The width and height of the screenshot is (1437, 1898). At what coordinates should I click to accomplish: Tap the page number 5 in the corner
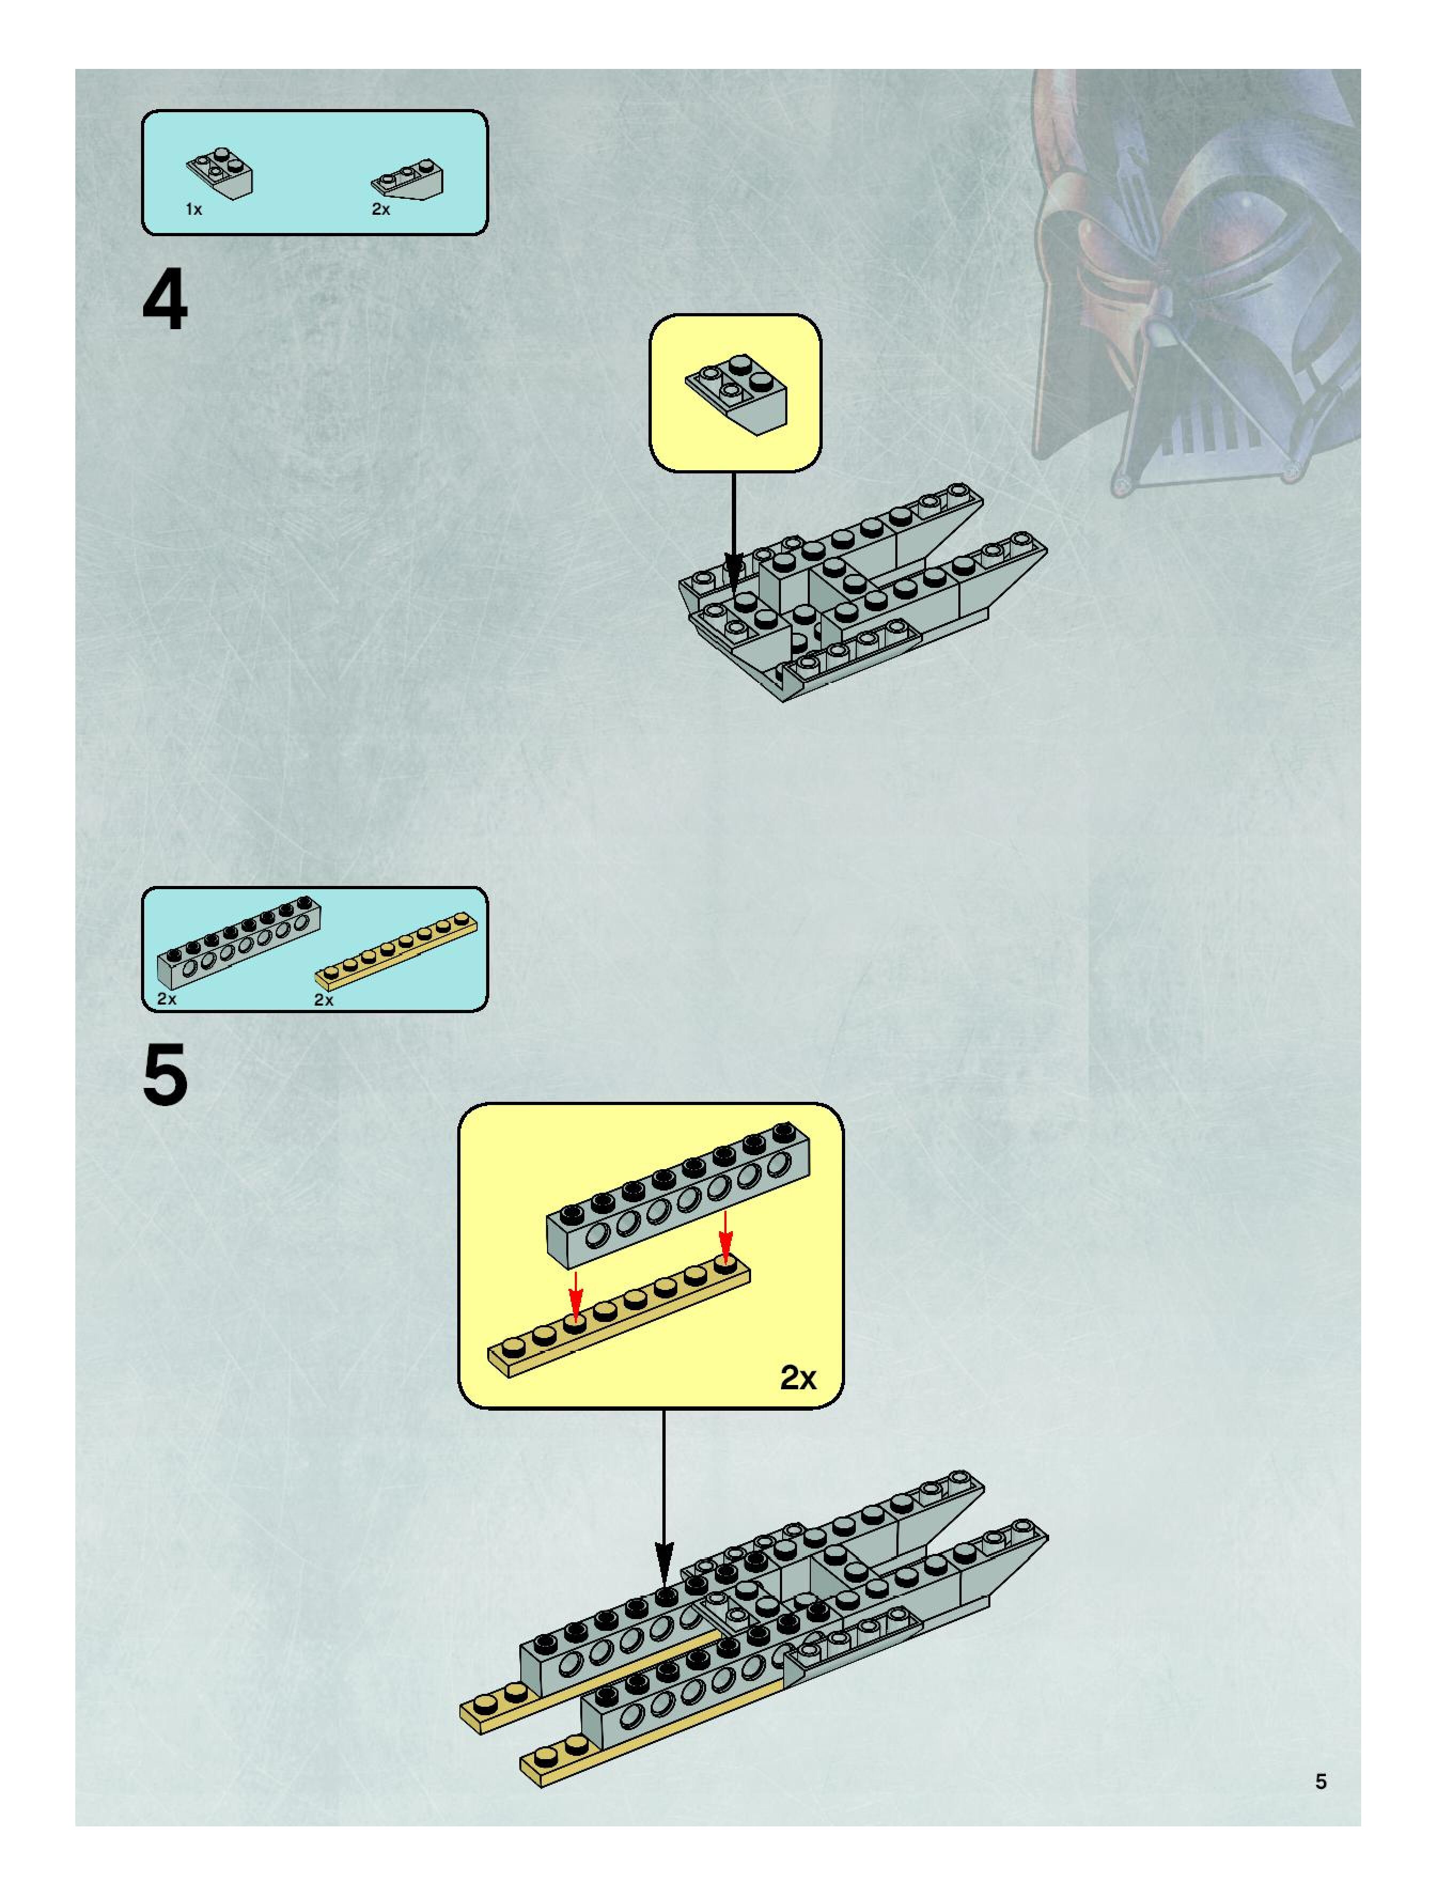pos(1321,1782)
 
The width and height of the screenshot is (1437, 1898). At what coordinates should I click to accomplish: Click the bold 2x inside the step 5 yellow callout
pos(797,1377)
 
